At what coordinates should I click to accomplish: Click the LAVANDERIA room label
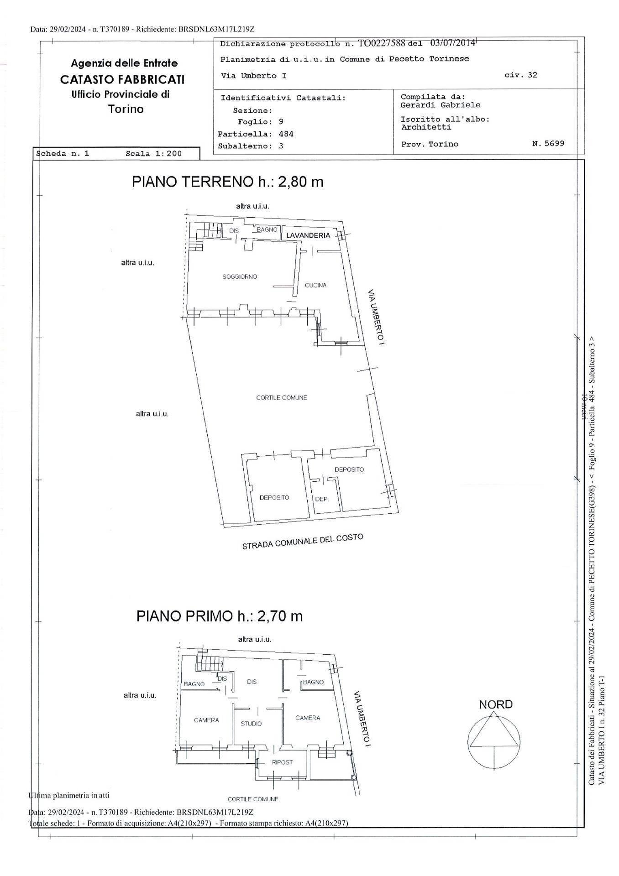308,235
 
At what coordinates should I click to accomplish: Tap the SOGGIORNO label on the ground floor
240,276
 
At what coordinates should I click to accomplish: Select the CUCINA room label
315,285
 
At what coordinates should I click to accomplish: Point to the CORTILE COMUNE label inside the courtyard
281,397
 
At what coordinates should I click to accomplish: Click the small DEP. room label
321,499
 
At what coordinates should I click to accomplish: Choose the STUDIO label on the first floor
251,724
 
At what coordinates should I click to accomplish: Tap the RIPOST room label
282,762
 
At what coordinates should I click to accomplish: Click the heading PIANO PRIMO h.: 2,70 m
219,616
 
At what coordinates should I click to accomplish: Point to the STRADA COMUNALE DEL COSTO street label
302,542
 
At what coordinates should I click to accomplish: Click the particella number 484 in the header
286,134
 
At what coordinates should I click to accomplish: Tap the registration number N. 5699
548,143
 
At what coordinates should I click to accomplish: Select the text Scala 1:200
153,154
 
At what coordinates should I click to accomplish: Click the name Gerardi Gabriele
440,105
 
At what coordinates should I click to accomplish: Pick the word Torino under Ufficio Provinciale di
126,109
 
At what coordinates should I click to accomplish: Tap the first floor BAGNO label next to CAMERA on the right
313,682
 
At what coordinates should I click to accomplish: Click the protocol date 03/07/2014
452,43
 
